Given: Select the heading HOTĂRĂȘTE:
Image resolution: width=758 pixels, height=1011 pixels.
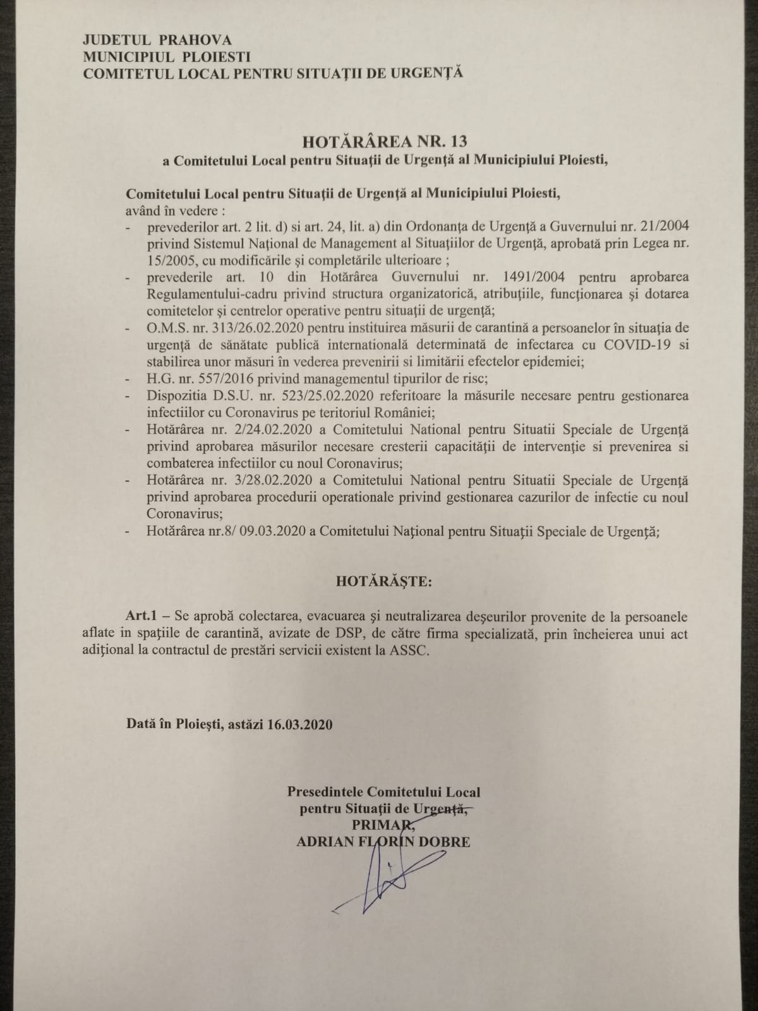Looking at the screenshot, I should click(x=384, y=581).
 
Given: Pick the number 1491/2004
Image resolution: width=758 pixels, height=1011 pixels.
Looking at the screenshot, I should click(x=527, y=277).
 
